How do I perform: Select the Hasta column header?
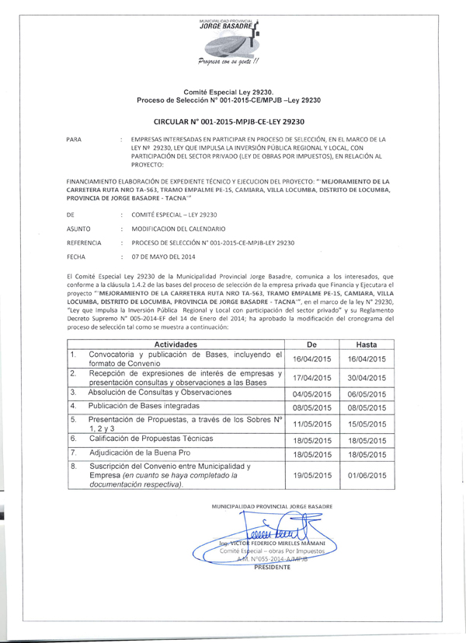[x=365, y=342]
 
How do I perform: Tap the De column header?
[x=311, y=342]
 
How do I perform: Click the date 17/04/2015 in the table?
[x=311, y=378]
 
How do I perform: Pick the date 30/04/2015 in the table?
[x=365, y=378]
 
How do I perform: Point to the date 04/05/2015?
[x=311, y=394]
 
